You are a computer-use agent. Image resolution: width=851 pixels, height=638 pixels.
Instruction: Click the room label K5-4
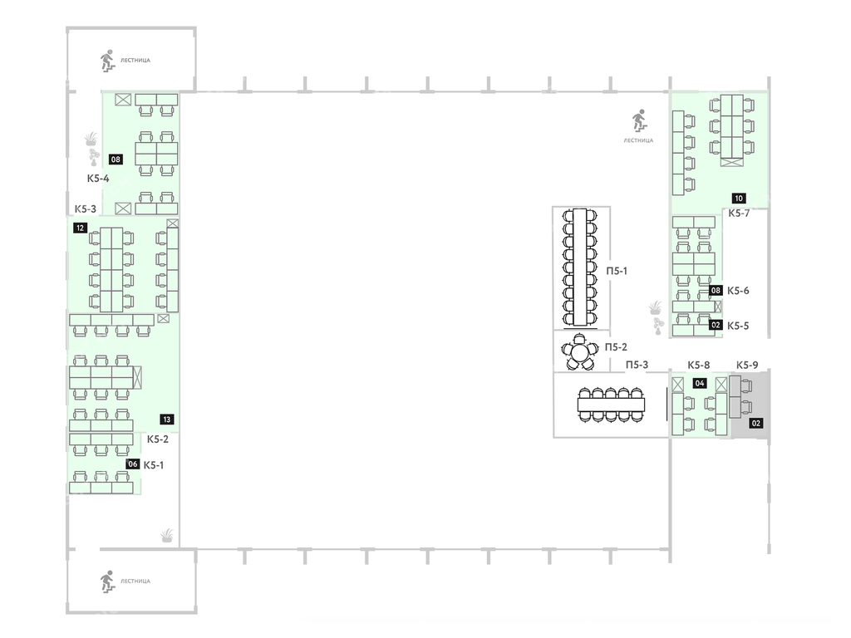98,178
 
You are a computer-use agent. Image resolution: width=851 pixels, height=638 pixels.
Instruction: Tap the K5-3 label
86,209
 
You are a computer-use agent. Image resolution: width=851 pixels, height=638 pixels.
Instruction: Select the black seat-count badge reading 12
81,228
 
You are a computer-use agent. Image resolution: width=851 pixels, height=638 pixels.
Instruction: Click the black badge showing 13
166,420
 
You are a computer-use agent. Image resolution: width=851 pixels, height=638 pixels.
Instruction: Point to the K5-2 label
158,439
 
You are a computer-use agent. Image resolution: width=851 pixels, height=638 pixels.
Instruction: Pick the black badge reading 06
133,464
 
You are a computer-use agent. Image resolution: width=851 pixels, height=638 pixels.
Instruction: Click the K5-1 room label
154,465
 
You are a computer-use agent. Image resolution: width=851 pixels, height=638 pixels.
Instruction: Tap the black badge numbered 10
739,198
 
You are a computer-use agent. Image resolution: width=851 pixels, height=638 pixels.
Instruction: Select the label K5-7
739,213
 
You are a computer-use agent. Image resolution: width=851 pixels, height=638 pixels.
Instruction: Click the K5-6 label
738,291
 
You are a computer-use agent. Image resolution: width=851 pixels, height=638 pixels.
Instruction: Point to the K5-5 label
738,326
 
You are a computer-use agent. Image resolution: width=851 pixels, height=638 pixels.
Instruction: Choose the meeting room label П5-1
617,271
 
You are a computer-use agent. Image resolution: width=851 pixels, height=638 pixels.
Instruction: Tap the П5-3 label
637,366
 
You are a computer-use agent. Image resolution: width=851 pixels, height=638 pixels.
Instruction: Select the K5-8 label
698,366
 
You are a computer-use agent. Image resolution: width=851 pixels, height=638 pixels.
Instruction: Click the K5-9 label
747,366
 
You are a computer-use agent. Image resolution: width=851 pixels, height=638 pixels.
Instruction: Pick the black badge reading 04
700,383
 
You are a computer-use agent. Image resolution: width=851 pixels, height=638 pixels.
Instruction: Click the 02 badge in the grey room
756,423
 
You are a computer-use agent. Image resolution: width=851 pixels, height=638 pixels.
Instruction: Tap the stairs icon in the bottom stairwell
107,581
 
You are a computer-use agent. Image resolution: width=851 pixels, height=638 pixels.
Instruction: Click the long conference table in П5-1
580,267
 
